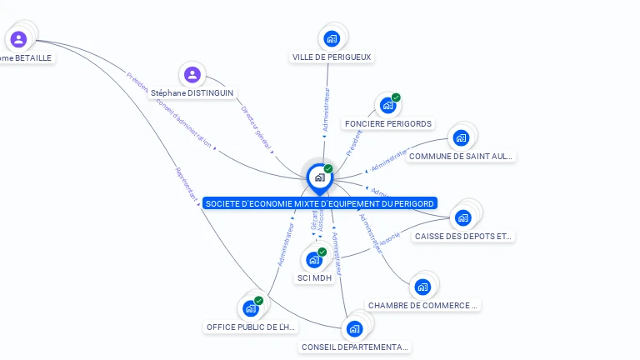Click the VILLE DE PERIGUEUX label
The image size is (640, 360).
point(332,57)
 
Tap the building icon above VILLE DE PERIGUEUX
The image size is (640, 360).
point(332,38)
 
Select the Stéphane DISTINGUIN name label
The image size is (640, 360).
point(192,93)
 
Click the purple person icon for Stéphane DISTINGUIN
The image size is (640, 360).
point(192,75)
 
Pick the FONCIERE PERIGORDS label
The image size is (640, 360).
point(387,124)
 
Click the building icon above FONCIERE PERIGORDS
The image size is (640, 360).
point(387,105)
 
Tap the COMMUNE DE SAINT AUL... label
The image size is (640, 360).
point(461,157)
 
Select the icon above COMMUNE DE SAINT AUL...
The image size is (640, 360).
point(461,137)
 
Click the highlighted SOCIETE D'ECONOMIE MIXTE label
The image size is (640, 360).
point(319,203)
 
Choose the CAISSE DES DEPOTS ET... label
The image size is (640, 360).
point(463,237)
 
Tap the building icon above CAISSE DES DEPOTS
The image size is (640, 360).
point(463,217)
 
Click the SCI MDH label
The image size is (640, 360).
point(314,278)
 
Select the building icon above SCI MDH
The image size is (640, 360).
point(314,259)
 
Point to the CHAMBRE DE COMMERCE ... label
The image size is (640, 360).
point(423,306)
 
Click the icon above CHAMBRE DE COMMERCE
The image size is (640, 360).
point(422,287)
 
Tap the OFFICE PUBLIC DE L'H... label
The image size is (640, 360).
point(251,327)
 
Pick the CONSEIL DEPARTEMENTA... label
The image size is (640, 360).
point(355,347)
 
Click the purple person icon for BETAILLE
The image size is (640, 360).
point(18,38)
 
